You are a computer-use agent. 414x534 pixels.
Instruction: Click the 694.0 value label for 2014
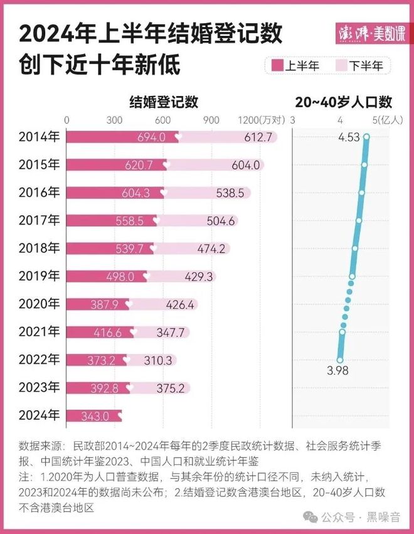pyautogui.click(x=153, y=137)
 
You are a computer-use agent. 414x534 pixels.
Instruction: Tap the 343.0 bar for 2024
pyautogui.click(x=94, y=416)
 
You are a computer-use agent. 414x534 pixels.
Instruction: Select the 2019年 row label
pyautogui.click(x=40, y=275)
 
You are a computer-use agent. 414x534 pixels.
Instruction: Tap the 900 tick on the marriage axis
pyautogui.click(x=211, y=120)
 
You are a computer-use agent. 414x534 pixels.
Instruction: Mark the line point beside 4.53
pyautogui.click(x=366, y=137)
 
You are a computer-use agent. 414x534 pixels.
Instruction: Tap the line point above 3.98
pyautogui.click(x=340, y=360)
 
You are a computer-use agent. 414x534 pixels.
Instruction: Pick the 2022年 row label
pyautogui.click(x=40, y=360)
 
